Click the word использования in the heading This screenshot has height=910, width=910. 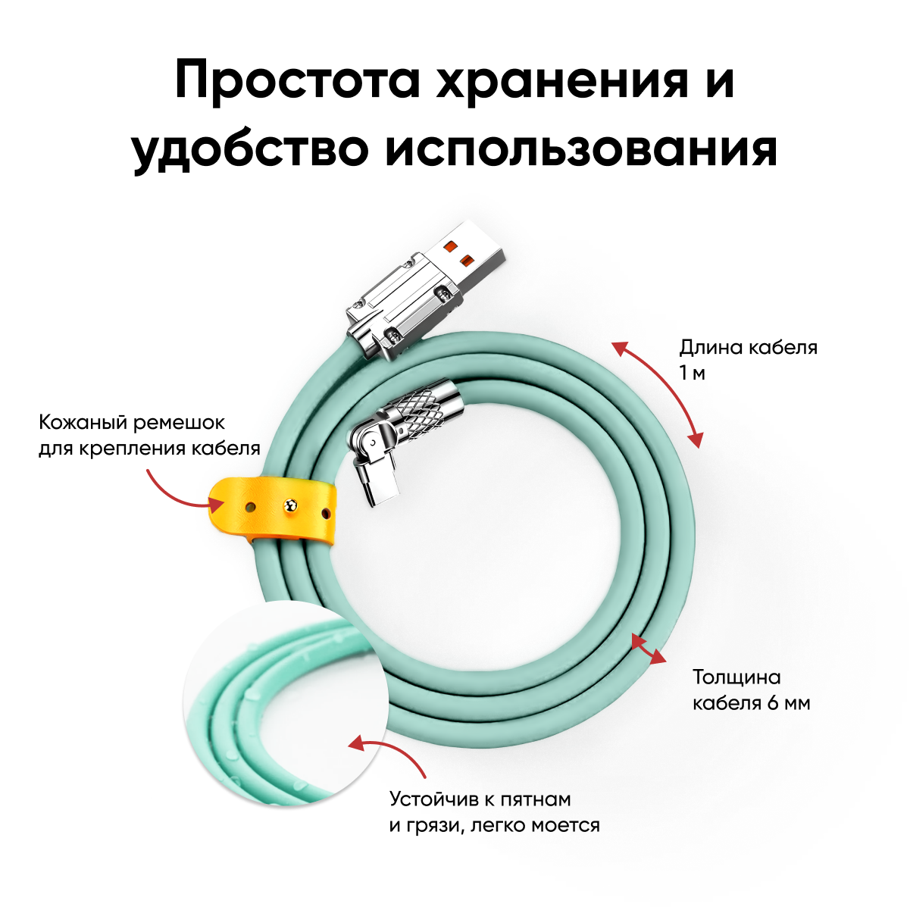click(x=581, y=149)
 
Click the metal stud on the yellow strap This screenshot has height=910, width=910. click(x=289, y=506)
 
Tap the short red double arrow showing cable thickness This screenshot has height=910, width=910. click(x=649, y=649)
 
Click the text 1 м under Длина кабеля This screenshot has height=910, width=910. click(x=692, y=373)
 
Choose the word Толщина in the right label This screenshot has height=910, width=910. click(x=736, y=677)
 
